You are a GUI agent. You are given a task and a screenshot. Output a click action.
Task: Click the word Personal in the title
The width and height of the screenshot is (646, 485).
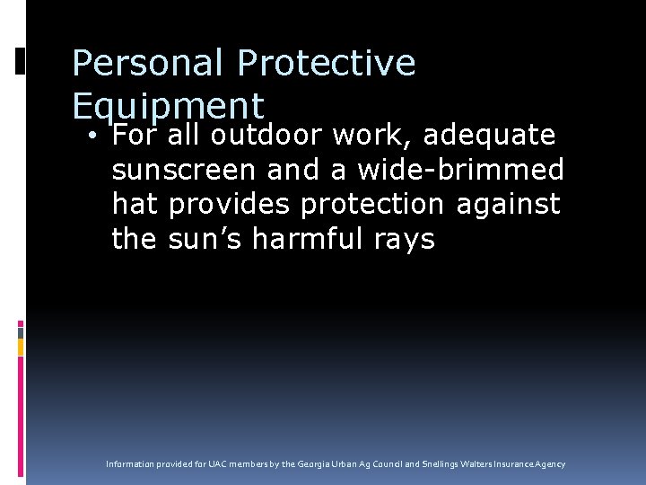point(148,64)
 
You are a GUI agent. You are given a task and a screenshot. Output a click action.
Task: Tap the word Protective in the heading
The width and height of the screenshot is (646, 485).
point(327,64)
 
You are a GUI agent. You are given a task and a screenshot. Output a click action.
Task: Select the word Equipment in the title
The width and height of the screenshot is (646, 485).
point(168,107)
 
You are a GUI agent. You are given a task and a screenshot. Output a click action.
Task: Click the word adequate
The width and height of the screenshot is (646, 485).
point(489,136)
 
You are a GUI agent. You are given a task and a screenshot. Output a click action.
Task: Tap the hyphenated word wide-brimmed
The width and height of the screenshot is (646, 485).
point(461,170)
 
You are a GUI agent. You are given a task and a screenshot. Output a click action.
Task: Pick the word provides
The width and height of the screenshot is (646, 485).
point(230,205)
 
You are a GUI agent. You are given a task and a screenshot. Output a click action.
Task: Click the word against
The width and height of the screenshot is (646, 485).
point(509,205)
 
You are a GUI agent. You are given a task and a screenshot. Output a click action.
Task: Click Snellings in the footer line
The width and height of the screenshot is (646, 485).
point(441,464)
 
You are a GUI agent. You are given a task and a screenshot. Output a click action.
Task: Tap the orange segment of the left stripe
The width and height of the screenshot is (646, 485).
point(21,345)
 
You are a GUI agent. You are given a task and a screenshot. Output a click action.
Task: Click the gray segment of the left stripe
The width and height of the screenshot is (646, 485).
point(21,332)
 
